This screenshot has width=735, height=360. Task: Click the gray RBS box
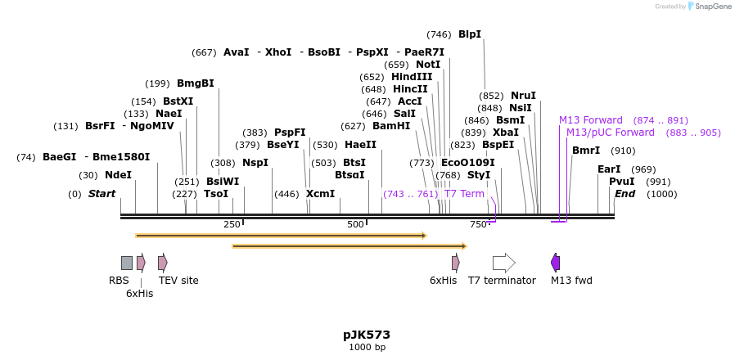click(126, 263)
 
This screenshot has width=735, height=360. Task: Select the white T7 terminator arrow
click(503, 263)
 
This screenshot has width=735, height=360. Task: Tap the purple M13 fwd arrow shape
click(556, 263)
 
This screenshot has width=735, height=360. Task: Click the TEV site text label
click(178, 281)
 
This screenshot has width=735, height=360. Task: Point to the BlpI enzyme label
click(470, 34)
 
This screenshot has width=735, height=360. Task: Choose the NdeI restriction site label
click(118, 175)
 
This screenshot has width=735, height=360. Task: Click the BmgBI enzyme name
click(195, 83)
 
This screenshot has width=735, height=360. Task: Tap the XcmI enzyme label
click(320, 194)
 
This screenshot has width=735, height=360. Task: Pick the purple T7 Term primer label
click(464, 194)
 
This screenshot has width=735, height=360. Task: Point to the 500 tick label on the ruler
click(355, 225)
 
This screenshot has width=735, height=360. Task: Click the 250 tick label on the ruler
click(232, 225)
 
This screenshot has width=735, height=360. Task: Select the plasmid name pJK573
click(367, 335)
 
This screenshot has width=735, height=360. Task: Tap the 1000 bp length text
click(367, 348)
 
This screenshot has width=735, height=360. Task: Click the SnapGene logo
click(709, 7)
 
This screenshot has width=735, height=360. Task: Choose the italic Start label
click(101, 194)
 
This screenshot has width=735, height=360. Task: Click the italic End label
click(625, 194)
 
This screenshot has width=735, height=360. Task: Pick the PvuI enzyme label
click(621, 182)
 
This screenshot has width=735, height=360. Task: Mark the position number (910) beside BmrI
click(623, 151)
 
